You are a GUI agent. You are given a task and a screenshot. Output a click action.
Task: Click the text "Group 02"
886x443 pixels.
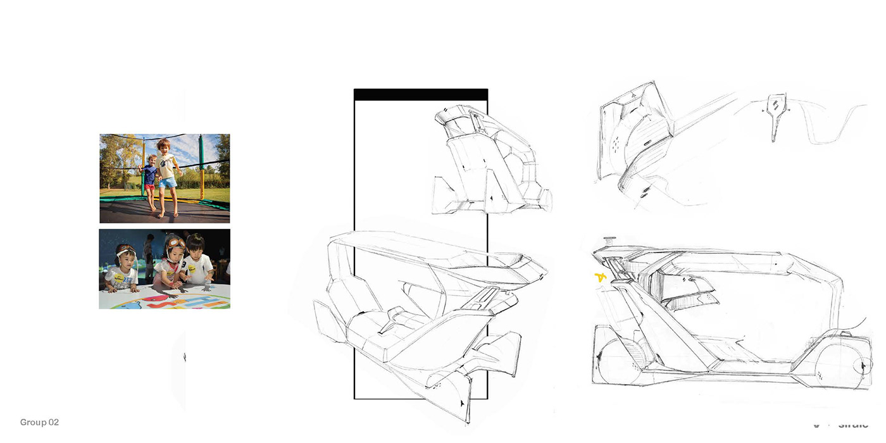(39, 422)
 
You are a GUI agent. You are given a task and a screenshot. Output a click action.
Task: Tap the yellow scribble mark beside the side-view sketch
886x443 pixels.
(600, 277)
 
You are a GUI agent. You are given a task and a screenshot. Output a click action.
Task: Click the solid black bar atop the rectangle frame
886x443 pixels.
(421, 94)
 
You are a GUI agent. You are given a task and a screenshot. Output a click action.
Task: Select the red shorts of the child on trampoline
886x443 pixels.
(149, 188)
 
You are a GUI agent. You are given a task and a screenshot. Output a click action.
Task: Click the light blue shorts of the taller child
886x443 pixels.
(168, 183)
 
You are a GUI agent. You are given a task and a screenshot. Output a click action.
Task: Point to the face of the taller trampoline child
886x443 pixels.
(164, 147)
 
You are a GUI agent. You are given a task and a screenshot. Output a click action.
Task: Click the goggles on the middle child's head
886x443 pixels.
(175, 242)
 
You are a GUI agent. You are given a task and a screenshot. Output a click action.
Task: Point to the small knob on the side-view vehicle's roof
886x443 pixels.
(610, 239)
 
